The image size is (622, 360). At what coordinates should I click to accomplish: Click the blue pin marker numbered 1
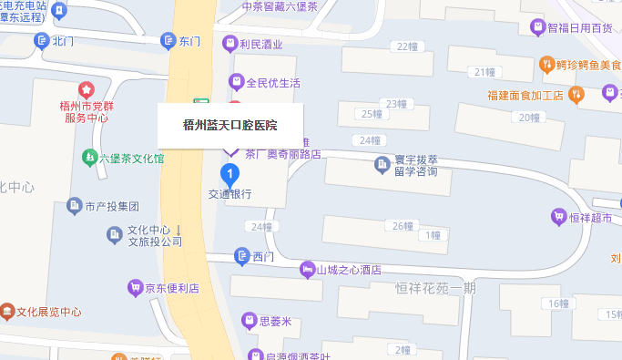tap(231, 172)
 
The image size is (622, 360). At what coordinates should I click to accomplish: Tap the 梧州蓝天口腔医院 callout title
tap(230, 125)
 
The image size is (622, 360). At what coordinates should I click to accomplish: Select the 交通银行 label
tap(229, 194)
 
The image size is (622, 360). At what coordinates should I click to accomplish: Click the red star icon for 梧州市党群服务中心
tap(86, 90)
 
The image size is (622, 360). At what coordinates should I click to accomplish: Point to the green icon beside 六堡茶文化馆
tap(89, 157)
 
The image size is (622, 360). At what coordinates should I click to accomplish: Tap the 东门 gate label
tap(189, 41)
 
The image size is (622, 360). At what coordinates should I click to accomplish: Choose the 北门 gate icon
tap(41, 41)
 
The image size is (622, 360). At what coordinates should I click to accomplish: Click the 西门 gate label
tap(262, 256)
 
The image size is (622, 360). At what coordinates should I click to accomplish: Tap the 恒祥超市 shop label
tap(590, 217)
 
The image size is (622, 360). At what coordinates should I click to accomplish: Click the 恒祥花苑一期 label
tap(435, 288)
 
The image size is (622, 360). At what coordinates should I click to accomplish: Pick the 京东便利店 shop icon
tap(135, 288)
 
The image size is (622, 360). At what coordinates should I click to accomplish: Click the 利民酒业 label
tap(261, 43)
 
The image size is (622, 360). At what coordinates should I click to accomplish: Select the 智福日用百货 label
tap(580, 27)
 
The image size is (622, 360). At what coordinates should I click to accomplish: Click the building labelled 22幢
tap(401, 47)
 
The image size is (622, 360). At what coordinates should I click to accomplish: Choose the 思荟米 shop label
tap(275, 321)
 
